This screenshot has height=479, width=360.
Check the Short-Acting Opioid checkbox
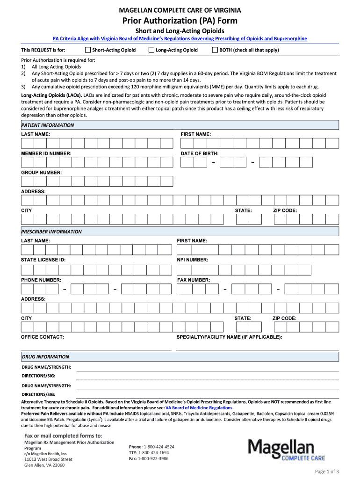(x=88, y=50)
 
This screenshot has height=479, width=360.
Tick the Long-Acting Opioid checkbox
(x=151, y=50)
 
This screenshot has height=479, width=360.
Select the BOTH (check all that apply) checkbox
(x=215, y=50)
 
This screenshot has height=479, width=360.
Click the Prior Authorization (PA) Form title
(x=180, y=21)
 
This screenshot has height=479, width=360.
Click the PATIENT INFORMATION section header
(x=48, y=125)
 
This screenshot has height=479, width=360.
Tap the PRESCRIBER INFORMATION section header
(x=51, y=232)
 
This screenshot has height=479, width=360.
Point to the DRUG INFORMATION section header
(x=45, y=357)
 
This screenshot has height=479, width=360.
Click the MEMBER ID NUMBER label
(x=46, y=153)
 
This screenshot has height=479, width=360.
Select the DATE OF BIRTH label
(x=200, y=153)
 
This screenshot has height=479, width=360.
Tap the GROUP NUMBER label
(x=41, y=173)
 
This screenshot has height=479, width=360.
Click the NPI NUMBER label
(x=193, y=260)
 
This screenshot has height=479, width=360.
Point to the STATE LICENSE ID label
(x=43, y=260)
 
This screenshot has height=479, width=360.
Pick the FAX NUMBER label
(x=194, y=280)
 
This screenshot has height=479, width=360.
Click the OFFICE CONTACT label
(x=43, y=337)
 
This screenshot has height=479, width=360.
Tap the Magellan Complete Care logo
(x=286, y=450)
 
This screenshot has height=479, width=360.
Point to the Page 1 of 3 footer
(x=327, y=471)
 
